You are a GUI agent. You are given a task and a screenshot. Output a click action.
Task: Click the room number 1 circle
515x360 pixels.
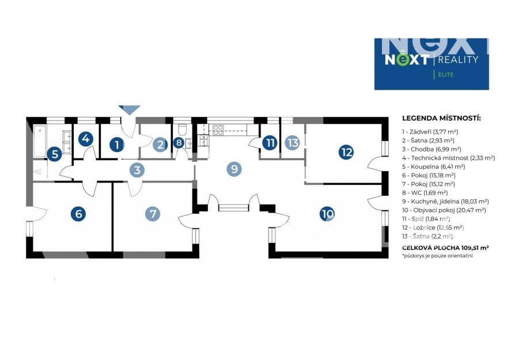click(x=117, y=145)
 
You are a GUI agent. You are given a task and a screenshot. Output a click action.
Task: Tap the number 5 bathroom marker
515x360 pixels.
click(x=54, y=154)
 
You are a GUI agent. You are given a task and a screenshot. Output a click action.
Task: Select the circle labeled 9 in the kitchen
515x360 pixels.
click(x=234, y=169)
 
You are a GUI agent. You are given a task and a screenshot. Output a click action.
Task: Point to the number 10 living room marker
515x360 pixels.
click(x=327, y=214)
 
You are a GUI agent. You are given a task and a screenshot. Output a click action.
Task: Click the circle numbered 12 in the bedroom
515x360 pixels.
click(x=346, y=152)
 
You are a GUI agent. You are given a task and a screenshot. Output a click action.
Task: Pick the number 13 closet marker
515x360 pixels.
click(x=293, y=142)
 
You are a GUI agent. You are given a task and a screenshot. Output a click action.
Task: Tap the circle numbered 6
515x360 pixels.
click(x=78, y=214)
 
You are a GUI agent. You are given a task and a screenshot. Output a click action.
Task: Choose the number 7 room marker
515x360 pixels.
click(x=153, y=214)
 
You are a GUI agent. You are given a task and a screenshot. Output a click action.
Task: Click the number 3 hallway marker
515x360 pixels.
click(x=137, y=170)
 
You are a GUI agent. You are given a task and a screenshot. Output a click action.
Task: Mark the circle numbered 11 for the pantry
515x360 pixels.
click(x=270, y=142)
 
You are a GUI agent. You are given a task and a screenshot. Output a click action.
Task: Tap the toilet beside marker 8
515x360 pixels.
click(x=182, y=128)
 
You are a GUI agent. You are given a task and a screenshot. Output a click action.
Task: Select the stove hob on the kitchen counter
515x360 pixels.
click(x=218, y=129)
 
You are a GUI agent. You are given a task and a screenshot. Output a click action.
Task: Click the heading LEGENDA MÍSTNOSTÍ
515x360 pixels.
click(x=441, y=119)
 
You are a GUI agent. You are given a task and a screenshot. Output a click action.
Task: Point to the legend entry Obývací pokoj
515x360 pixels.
click(x=446, y=210)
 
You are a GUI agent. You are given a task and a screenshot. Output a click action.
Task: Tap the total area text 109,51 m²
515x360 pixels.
click(x=468, y=247)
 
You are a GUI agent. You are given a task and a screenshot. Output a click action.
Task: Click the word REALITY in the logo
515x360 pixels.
click(x=458, y=59)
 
